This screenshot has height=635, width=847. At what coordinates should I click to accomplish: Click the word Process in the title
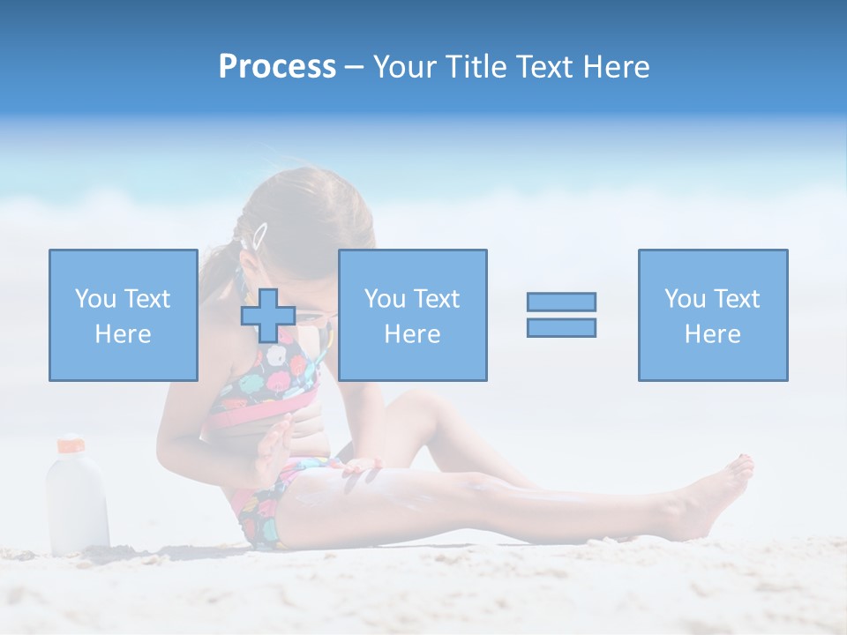pyautogui.click(x=277, y=67)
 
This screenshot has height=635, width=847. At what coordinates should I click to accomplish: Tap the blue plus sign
pyautogui.click(x=269, y=315)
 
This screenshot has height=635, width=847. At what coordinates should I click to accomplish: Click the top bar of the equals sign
pyautogui.click(x=561, y=302)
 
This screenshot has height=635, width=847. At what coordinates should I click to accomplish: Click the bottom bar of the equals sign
pyautogui.click(x=561, y=327)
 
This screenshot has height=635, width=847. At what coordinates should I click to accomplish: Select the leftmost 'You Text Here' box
pyautogui.click(x=123, y=315)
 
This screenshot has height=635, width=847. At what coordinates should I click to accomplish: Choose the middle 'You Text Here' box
pyautogui.click(x=412, y=315)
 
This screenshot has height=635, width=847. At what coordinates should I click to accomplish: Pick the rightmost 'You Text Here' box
pyautogui.click(x=713, y=315)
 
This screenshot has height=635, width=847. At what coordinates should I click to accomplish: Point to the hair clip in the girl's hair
pyautogui.click(x=259, y=235)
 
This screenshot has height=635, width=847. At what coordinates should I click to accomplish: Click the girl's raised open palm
pyautogui.click(x=274, y=449)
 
